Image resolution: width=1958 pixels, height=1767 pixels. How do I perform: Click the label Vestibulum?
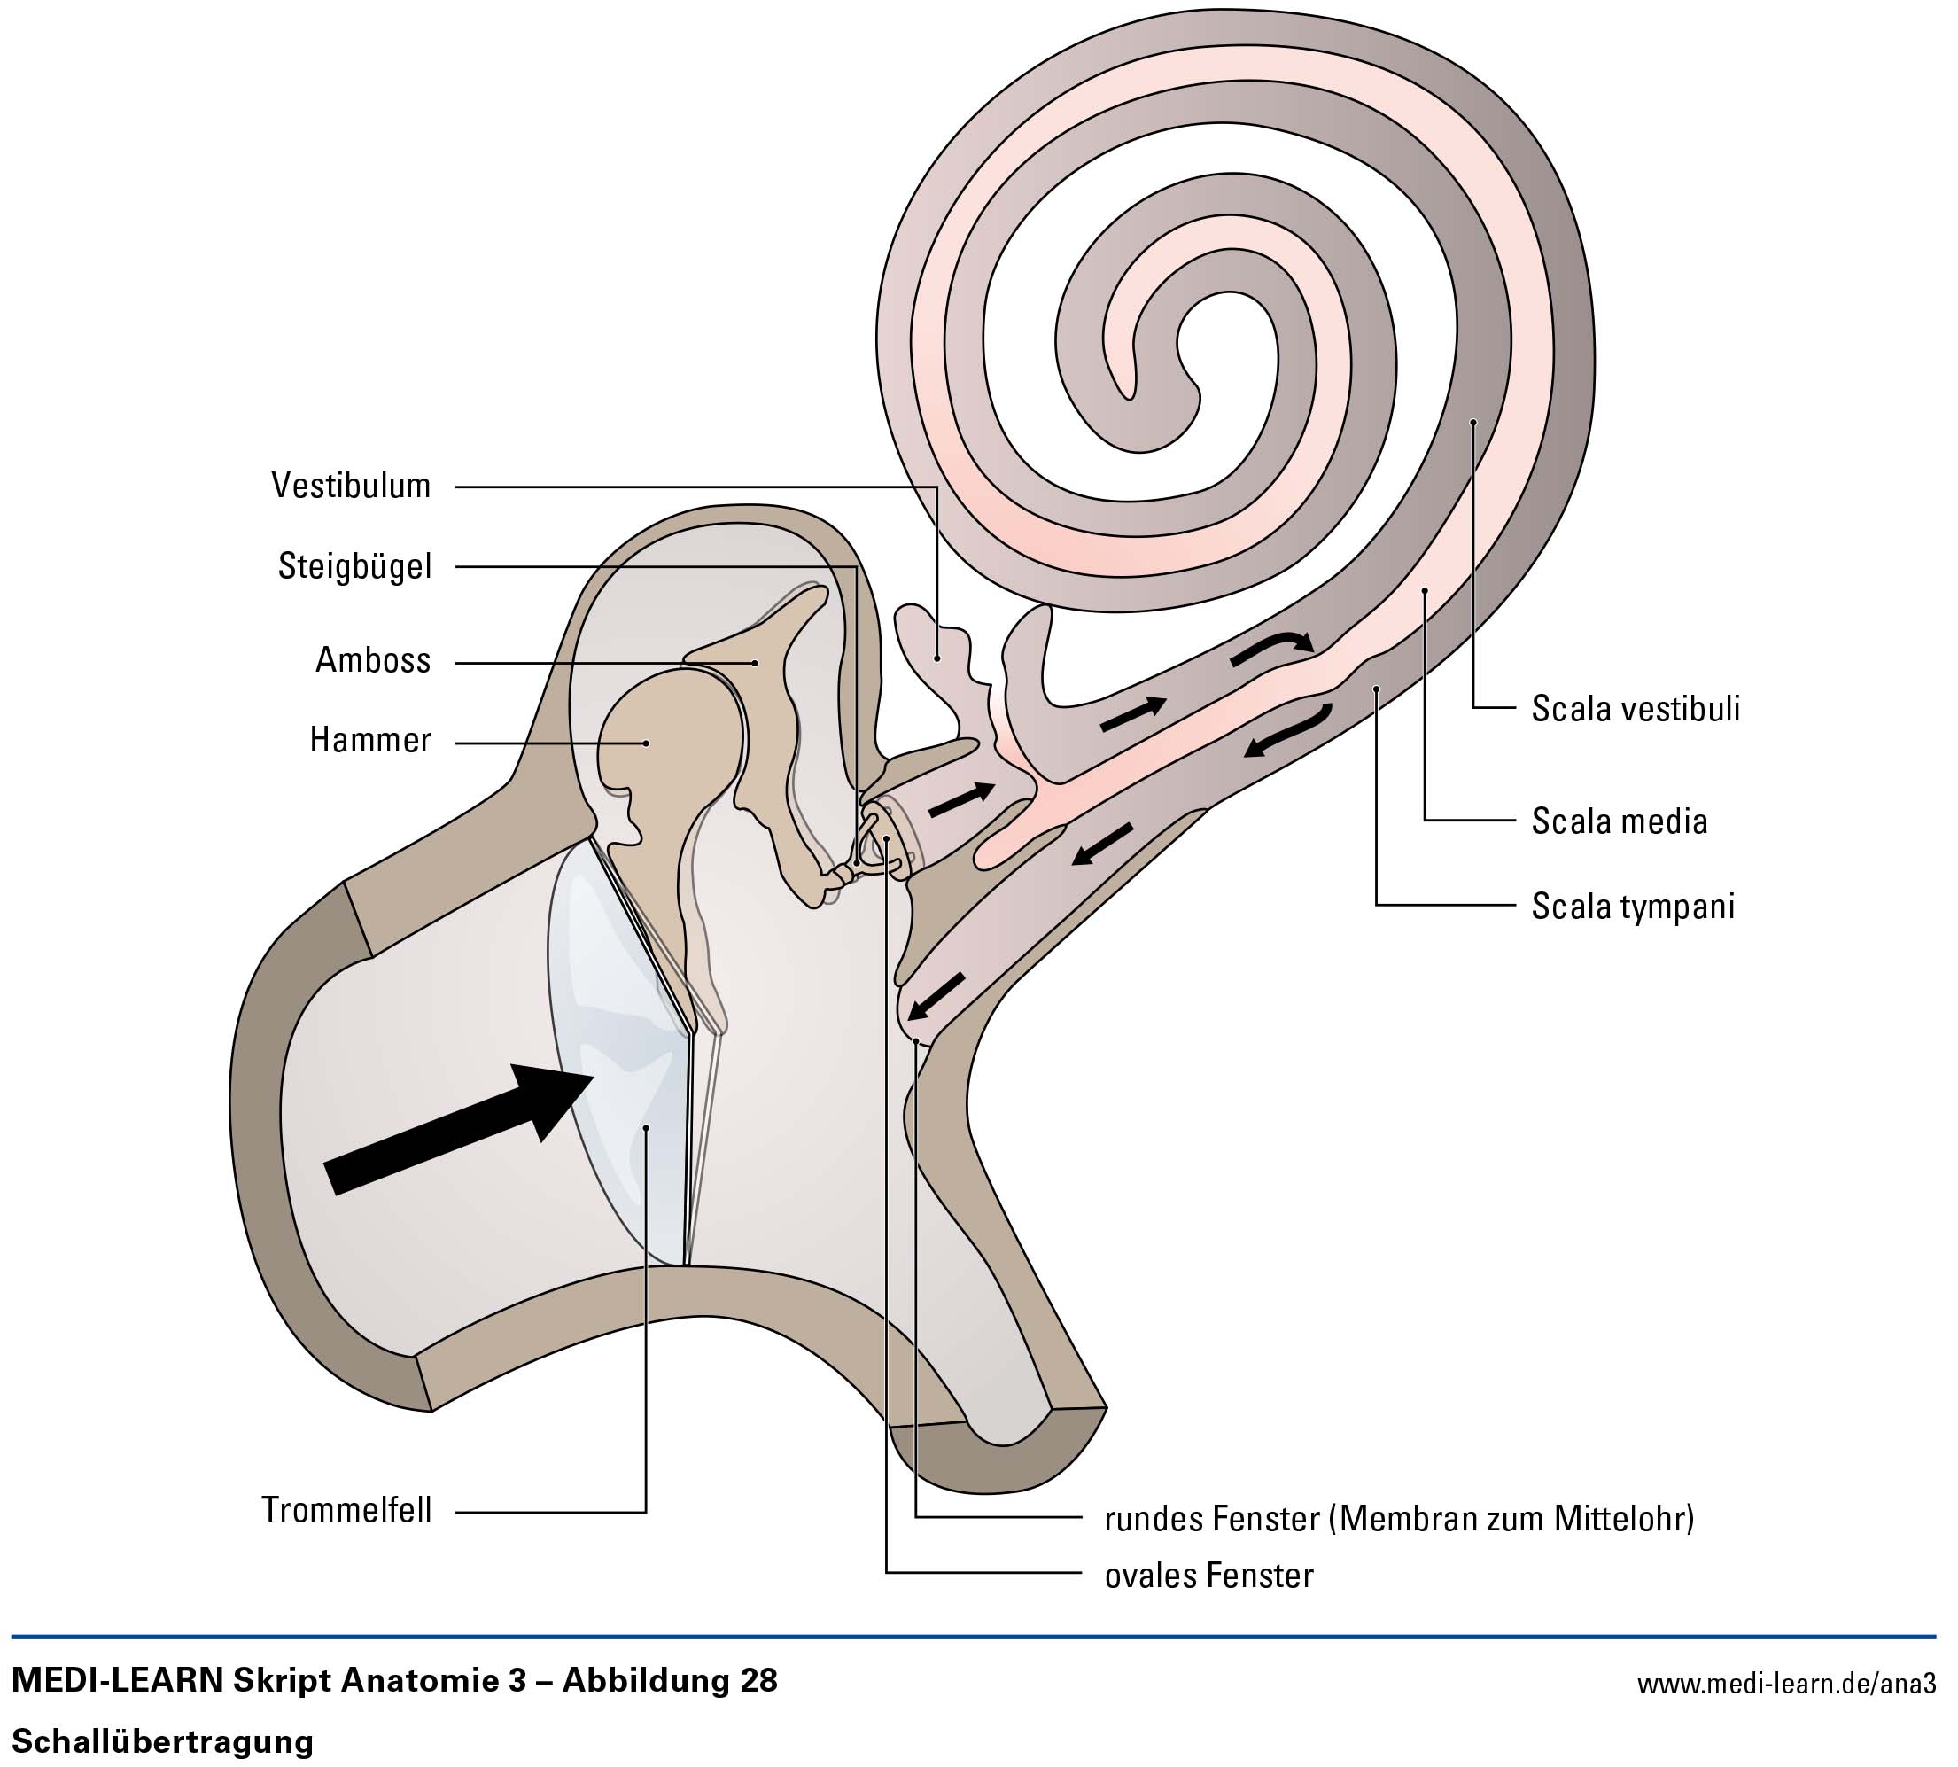351,486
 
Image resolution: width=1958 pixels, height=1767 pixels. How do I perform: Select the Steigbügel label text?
354,566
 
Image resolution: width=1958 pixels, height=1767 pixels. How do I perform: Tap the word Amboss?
373,660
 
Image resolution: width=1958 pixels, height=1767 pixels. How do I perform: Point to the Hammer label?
369,740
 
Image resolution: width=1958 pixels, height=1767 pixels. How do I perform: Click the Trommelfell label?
346,1510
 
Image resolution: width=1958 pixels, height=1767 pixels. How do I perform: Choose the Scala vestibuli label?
1636,709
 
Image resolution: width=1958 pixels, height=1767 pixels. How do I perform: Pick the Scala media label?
1620,821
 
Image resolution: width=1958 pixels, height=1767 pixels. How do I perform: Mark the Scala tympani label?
1633,906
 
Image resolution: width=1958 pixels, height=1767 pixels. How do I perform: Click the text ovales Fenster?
1208,1575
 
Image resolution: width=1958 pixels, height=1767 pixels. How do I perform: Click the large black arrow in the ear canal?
456,1126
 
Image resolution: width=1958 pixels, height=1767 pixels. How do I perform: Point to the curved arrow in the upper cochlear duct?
1274,648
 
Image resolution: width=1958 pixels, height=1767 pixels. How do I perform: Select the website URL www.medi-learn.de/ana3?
1786,1685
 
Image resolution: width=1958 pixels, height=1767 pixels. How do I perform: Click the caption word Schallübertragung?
162,1740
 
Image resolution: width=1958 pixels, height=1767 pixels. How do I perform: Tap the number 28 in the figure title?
758,1680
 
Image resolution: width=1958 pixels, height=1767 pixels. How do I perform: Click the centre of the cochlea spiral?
1225,345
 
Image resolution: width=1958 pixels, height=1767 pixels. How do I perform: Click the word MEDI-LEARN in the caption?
116,1680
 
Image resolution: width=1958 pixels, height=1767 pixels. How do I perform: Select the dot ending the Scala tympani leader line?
1377,689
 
